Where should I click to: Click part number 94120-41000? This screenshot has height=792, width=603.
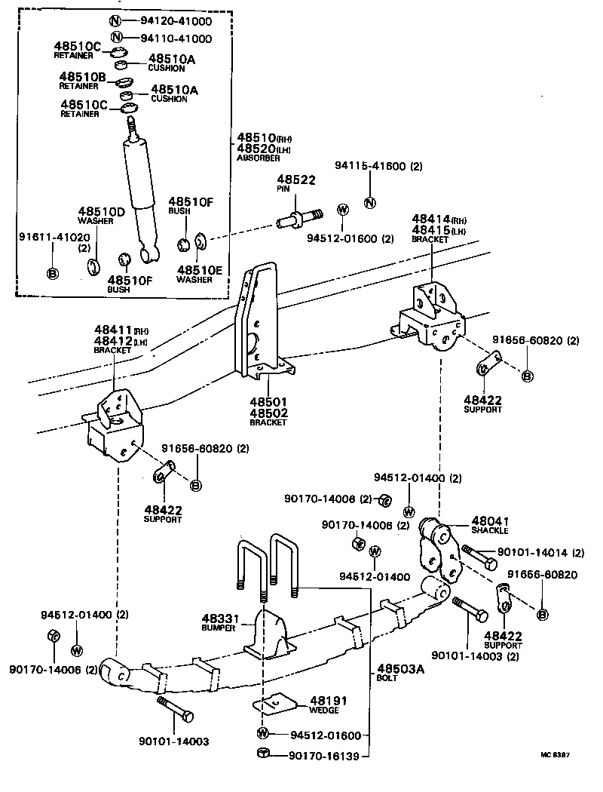[x=176, y=22]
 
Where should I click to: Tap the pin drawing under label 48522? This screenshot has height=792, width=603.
[x=298, y=219]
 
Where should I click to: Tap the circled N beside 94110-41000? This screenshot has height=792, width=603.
[x=116, y=38]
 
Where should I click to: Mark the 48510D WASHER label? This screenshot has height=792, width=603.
[x=101, y=216]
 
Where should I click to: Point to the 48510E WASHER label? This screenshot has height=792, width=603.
[x=200, y=273]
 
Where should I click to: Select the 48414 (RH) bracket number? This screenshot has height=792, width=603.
[x=432, y=219]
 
